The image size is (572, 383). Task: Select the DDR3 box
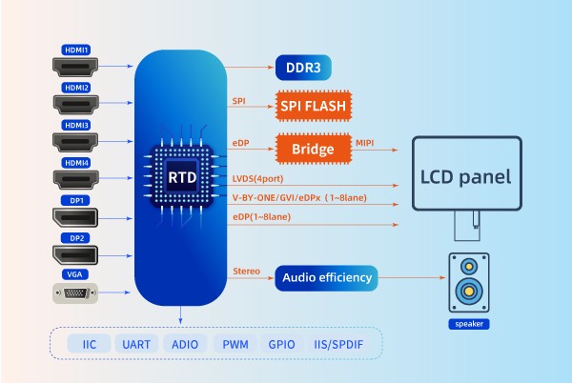pos(304,68)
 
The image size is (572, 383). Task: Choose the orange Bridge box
pos(313,150)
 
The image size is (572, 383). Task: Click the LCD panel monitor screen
pos(467,174)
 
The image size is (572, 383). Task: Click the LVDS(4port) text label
pos(257,178)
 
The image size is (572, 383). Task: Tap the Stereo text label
pos(246,272)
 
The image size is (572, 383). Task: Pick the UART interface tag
pos(136,343)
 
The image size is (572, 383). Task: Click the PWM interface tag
pos(235,343)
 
